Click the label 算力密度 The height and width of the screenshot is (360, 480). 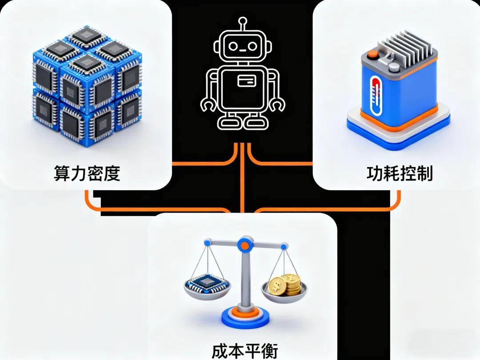[x=87, y=173]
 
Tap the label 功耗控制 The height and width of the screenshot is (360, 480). [x=399, y=173]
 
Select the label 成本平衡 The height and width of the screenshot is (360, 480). [x=244, y=351]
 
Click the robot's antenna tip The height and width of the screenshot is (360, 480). [x=242, y=20]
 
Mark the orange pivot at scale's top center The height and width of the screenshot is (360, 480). [x=243, y=244]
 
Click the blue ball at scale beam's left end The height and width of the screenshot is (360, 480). [x=207, y=243]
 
